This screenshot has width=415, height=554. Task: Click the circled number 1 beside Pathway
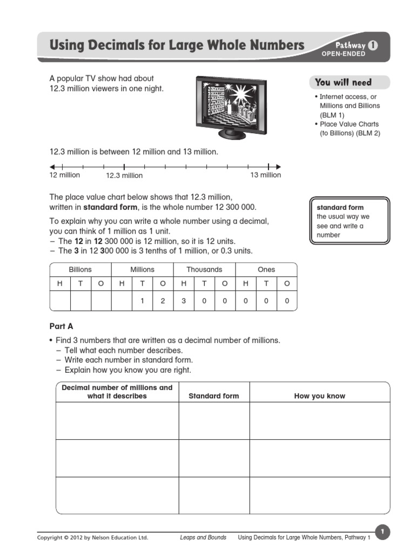point(372,46)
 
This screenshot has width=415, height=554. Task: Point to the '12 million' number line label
point(65,175)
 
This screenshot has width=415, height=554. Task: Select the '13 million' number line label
point(265,175)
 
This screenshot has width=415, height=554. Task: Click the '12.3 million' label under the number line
point(124,175)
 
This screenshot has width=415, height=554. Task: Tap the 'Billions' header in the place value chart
point(80,269)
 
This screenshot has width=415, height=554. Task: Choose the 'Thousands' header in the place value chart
point(204,269)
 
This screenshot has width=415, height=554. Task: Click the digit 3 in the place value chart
point(184,301)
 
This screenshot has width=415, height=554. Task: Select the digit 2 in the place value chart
point(163,301)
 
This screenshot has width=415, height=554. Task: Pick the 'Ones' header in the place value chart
point(266,269)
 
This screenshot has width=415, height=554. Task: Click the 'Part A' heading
point(61,326)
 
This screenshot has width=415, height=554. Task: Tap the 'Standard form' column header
point(213,396)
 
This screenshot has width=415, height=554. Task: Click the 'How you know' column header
point(319,396)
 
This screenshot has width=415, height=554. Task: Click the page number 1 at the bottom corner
point(382,532)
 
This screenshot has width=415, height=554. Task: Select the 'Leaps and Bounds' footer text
point(203,537)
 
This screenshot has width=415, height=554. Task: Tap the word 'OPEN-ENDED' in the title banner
point(344,54)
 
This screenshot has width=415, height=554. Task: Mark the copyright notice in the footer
point(92,537)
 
